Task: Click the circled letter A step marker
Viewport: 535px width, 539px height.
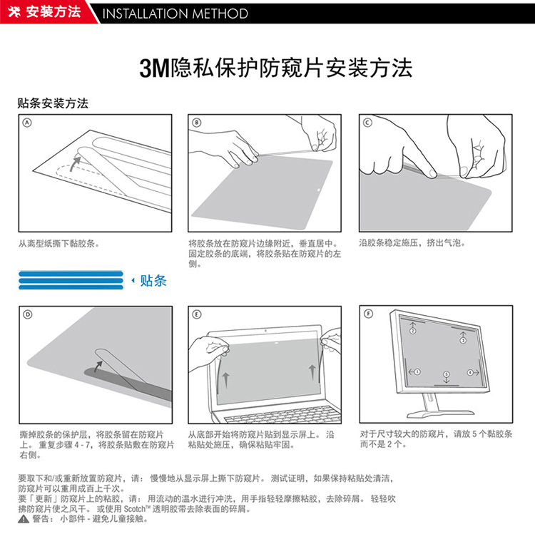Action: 27,123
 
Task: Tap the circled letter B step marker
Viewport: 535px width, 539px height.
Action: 197,123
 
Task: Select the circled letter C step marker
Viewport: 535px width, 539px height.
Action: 367,123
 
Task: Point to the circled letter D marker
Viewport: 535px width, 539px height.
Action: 28,314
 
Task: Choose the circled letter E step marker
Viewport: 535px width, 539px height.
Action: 197,314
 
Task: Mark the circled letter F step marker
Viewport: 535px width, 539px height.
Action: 368,314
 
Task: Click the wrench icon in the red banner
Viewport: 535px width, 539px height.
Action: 14,12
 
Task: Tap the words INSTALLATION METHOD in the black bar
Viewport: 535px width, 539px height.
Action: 175,14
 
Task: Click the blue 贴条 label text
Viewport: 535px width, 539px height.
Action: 153,280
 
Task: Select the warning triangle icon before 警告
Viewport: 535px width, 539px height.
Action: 24,520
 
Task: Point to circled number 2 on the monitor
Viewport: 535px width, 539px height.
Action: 412,331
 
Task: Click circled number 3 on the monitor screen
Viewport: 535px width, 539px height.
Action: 463,340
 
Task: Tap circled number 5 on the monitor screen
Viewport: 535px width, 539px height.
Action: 447,374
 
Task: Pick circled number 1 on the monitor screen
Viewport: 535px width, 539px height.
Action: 417,372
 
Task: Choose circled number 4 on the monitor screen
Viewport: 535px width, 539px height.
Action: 470,373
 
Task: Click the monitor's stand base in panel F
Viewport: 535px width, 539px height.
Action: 440,414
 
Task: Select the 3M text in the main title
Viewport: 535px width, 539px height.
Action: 155,68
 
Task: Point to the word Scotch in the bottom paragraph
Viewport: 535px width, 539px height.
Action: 135,509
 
